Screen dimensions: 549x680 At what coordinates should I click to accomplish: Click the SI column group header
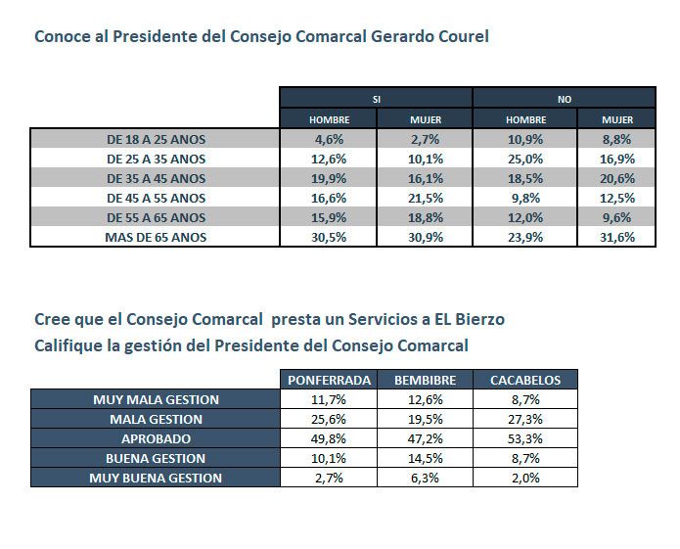[377, 99]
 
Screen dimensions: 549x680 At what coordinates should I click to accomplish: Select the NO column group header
[565, 99]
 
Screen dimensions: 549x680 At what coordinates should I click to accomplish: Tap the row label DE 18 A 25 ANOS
[157, 139]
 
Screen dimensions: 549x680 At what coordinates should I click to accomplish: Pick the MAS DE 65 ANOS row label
[157, 237]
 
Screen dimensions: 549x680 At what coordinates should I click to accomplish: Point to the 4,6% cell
[329, 139]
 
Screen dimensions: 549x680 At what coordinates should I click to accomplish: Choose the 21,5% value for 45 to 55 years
[426, 198]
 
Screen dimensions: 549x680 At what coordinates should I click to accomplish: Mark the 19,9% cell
[329, 178]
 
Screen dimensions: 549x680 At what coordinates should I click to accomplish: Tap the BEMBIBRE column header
[426, 380]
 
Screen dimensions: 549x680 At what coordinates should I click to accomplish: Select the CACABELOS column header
[525, 380]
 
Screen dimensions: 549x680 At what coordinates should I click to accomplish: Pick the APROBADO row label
[157, 438]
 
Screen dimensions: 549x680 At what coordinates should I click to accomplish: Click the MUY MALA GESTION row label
[157, 399]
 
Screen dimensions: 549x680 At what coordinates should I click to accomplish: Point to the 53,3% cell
[525, 438]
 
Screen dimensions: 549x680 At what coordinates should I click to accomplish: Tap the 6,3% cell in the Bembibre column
[426, 478]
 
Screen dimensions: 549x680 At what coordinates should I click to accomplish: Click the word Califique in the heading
[68, 345]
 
